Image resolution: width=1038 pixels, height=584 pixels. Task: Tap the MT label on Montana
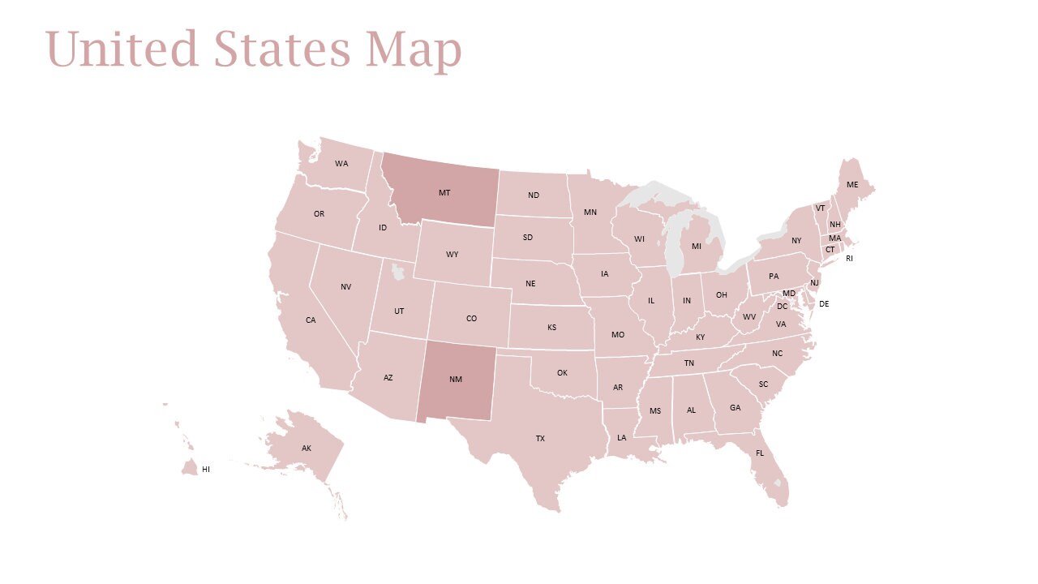coord(444,193)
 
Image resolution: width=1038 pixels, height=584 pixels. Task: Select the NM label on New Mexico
coord(455,379)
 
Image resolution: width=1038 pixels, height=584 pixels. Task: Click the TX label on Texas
coord(540,438)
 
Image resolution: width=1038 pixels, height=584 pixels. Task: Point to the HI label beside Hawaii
coord(206,469)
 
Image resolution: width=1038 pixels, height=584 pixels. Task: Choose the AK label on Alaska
coord(307,449)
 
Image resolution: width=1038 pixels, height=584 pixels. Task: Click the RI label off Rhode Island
coord(849,259)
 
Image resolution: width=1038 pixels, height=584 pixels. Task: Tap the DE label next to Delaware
coord(824,304)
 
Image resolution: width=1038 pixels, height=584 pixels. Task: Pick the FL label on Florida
coord(760,453)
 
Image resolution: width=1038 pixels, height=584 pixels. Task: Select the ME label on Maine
coord(852,185)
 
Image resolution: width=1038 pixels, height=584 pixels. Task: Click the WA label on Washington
coord(341,164)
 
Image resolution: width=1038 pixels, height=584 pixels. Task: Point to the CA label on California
coord(311,320)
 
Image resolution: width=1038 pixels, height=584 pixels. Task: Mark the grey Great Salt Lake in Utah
coord(397,270)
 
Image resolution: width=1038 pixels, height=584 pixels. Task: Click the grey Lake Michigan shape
coord(674,243)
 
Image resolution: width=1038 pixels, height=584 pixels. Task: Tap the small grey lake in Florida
coord(778,483)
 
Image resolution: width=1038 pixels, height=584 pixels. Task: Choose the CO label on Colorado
coord(471,319)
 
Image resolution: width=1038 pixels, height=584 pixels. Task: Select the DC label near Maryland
coord(782,307)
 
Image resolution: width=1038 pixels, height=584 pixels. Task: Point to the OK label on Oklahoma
coord(562,373)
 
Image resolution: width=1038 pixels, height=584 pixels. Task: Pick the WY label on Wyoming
coord(452,255)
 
